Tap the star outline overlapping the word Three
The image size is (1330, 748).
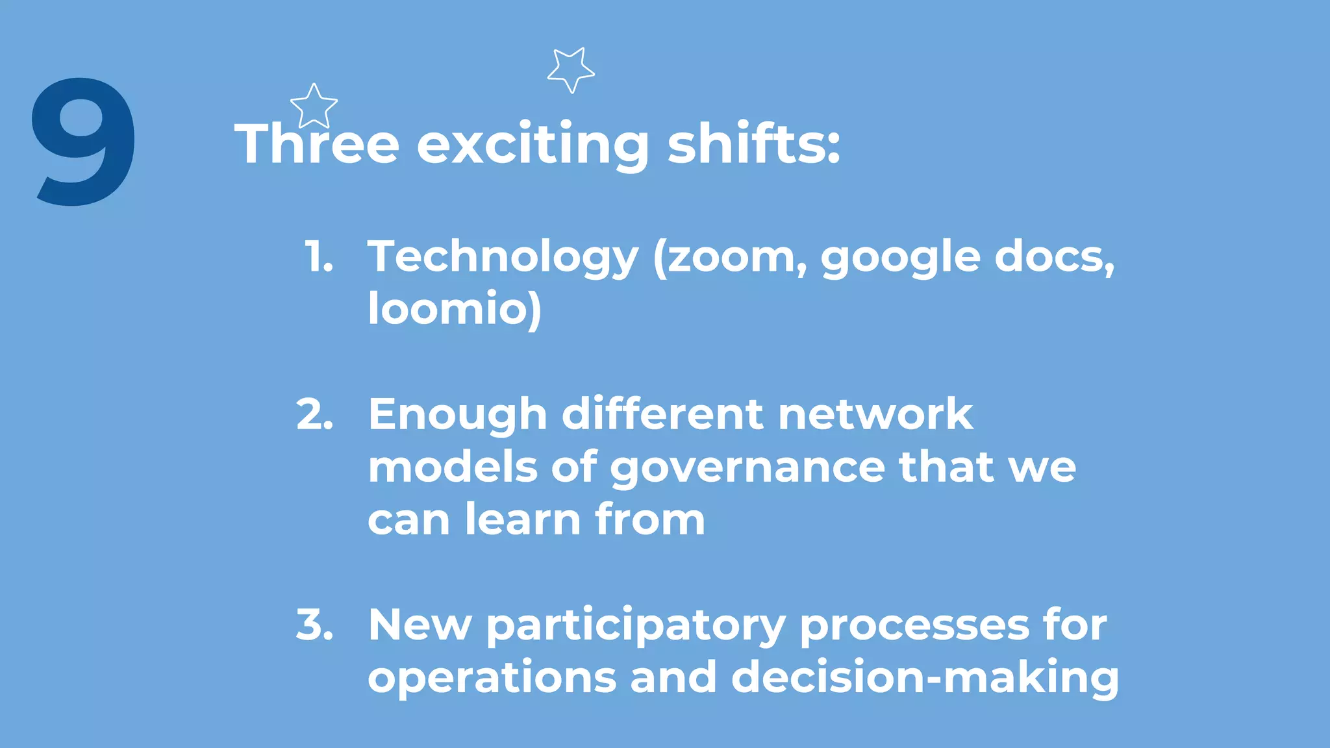(314, 106)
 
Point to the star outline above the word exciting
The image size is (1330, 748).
(570, 69)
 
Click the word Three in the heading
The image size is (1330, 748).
(317, 143)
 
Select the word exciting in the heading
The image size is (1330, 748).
(533, 143)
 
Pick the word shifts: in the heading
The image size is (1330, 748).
(754, 143)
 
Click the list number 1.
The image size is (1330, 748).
(319, 256)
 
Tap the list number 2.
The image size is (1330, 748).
(315, 414)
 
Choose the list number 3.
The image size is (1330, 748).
(315, 625)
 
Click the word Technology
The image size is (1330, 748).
(503, 257)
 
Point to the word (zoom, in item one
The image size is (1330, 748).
(730, 257)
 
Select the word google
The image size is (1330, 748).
(900, 257)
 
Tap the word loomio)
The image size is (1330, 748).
(455, 309)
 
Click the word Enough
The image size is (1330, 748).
(458, 415)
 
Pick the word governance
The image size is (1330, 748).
(747, 467)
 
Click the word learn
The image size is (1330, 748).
(523, 520)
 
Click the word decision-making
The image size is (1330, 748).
(925, 678)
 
